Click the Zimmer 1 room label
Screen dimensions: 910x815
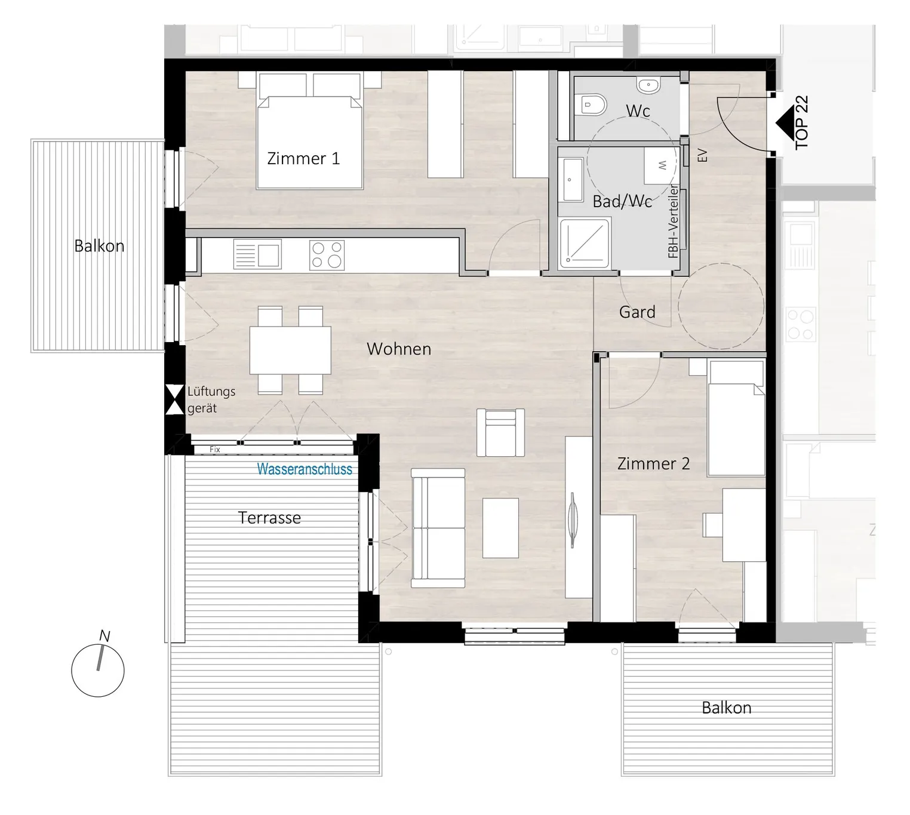[303, 159]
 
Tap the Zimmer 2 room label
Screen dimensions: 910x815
[653, 464]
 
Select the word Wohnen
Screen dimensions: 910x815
[399, 349]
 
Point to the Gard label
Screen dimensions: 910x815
[637, 312]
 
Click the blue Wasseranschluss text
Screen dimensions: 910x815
[305, 469]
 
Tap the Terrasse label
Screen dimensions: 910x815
[269, 518]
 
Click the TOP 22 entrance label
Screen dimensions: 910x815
[802, 122]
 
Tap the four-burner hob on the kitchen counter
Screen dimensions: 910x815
[327, 255]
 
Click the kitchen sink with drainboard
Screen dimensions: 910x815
[257, 254]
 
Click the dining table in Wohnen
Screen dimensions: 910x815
[290, 350]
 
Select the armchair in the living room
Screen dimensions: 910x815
[500, 432]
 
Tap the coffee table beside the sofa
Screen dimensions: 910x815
[500, 528]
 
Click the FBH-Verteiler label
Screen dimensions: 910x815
[673, 221]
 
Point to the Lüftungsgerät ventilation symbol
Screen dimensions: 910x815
[175, 399]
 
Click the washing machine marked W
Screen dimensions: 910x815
[660, 165]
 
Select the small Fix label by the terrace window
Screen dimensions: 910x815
[215, 449]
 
